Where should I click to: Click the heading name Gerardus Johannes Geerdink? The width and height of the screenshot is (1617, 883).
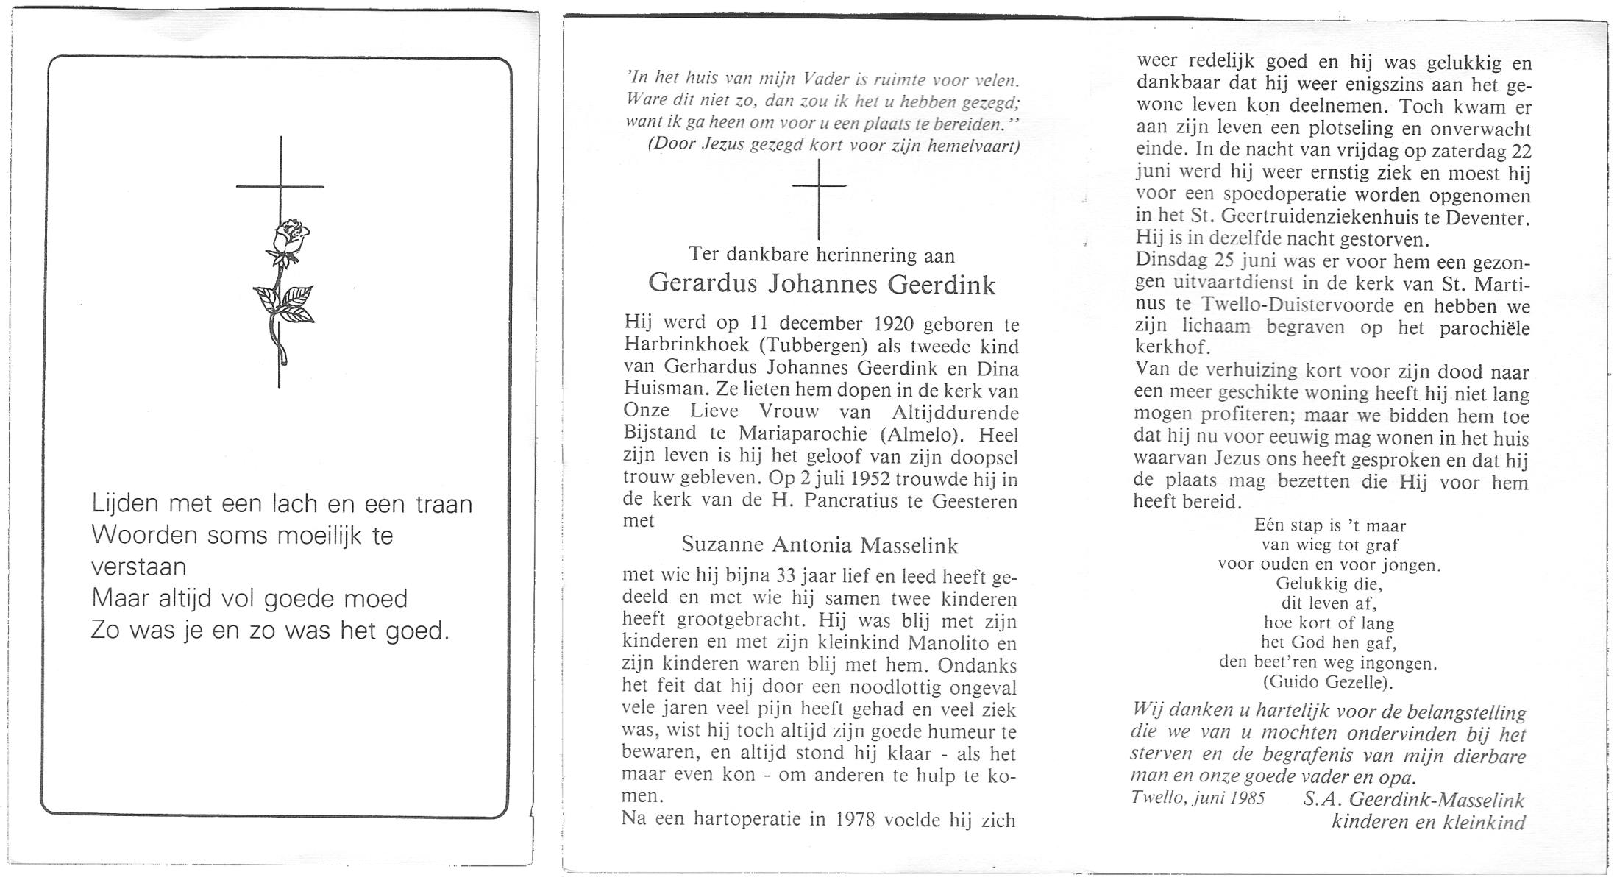[822, 284]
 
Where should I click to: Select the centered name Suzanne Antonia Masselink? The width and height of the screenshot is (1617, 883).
[820, 545]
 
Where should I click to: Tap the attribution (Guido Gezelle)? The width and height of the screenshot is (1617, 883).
[1328, 682]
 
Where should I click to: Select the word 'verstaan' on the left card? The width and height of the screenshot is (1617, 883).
[139, 567]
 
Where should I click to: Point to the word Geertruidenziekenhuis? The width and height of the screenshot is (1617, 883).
[1302, 219]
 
